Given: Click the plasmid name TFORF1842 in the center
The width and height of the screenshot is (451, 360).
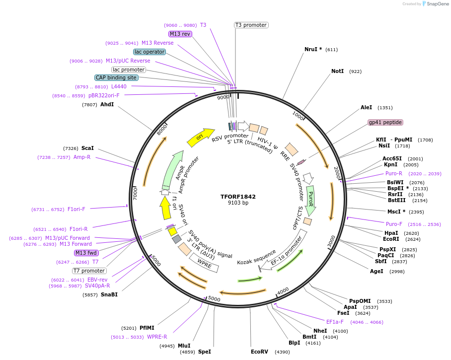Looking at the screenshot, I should coord(238,197).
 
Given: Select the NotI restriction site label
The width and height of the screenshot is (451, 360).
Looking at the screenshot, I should coord(337,72).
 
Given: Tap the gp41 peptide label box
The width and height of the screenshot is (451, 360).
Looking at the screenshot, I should coord(385,122).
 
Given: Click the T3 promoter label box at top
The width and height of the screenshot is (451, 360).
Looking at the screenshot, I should coord(251,25).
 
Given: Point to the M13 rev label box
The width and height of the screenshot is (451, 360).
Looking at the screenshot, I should coord(180,34).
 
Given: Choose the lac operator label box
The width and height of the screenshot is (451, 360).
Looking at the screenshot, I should coord(149,52).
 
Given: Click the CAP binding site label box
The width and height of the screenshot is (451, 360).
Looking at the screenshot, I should coord(116,77).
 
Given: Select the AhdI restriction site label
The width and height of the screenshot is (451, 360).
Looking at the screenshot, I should coord(107,105).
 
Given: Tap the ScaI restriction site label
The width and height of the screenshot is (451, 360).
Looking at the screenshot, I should coord(87,148).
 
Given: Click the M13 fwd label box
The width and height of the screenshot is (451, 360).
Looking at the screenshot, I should coord(86,253).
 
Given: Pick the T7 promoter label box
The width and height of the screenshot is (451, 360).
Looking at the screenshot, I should coord(89,271).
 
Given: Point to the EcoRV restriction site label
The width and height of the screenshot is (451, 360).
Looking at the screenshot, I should coord(259,352).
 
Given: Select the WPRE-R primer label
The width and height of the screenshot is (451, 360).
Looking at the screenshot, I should coord(157,337).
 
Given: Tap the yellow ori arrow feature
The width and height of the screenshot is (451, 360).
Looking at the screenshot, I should coord(200,137).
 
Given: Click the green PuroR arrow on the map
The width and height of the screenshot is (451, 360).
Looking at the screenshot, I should coord(311,198).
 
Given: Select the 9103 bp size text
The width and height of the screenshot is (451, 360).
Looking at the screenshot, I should coord(238,203).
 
